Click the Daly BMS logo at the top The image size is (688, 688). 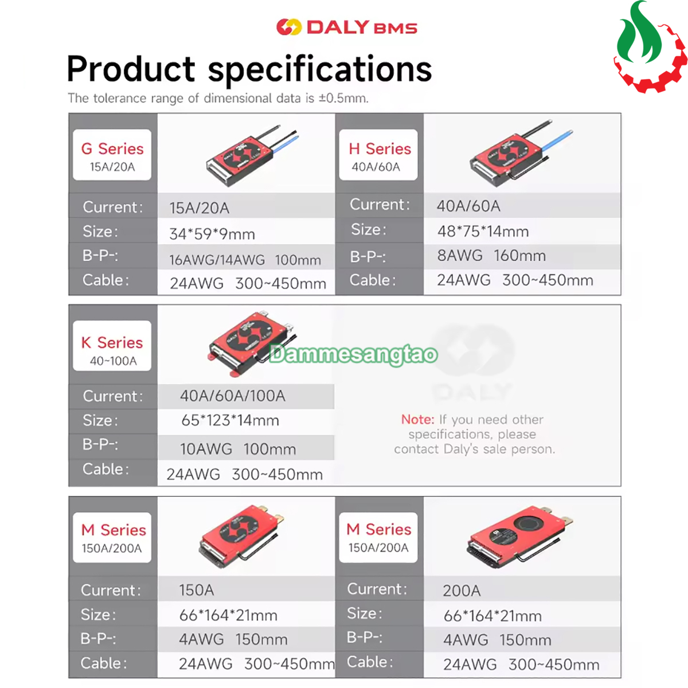coord(347,27)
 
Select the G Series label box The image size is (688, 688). coord(112,155)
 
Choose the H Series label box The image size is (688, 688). coord(378,155)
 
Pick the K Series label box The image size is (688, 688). coord(112,346)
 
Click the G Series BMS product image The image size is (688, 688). coord(252,156)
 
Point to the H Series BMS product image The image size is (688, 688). coord(521,154)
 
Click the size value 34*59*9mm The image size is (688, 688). coord(212,234)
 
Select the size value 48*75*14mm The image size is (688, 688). coord(483,232)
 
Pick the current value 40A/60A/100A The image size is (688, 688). coord(232,396)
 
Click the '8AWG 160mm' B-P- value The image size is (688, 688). coord(491,256)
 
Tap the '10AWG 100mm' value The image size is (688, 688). coord(238,449)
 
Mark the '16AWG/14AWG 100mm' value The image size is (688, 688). coord(245,260)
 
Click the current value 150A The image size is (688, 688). coord(197,590)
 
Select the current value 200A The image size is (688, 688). coord(462,591)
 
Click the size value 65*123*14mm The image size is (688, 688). coord(230,420)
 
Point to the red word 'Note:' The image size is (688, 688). coord(418,420)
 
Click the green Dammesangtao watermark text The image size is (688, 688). coord(354,354)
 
